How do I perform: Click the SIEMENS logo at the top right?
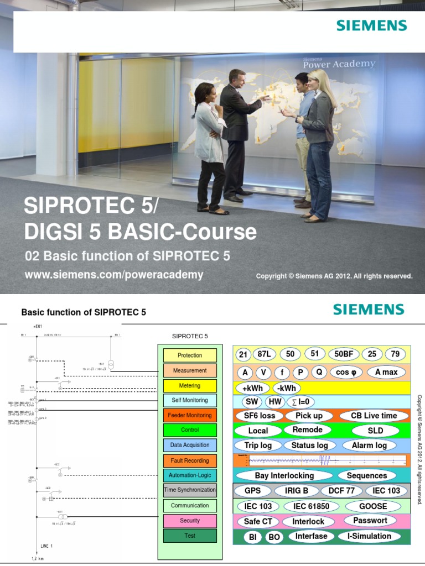(x=370, y=25)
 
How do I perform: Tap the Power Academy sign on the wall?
(x=339, y=62)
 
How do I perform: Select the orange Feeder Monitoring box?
(x=190, y=415)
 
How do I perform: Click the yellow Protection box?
(x=190, y=355)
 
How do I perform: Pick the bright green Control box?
(x=190, y=430)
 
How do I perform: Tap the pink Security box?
(x=190, y=521)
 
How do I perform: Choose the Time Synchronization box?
(x=190, y=490)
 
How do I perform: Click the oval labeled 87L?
(x=265, y=355)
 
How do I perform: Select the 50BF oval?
(x=344, y=355)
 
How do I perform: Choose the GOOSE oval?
(x=373, y=506)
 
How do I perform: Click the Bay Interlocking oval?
(x=284, y=475)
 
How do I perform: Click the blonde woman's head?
(x=319, y=80)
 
